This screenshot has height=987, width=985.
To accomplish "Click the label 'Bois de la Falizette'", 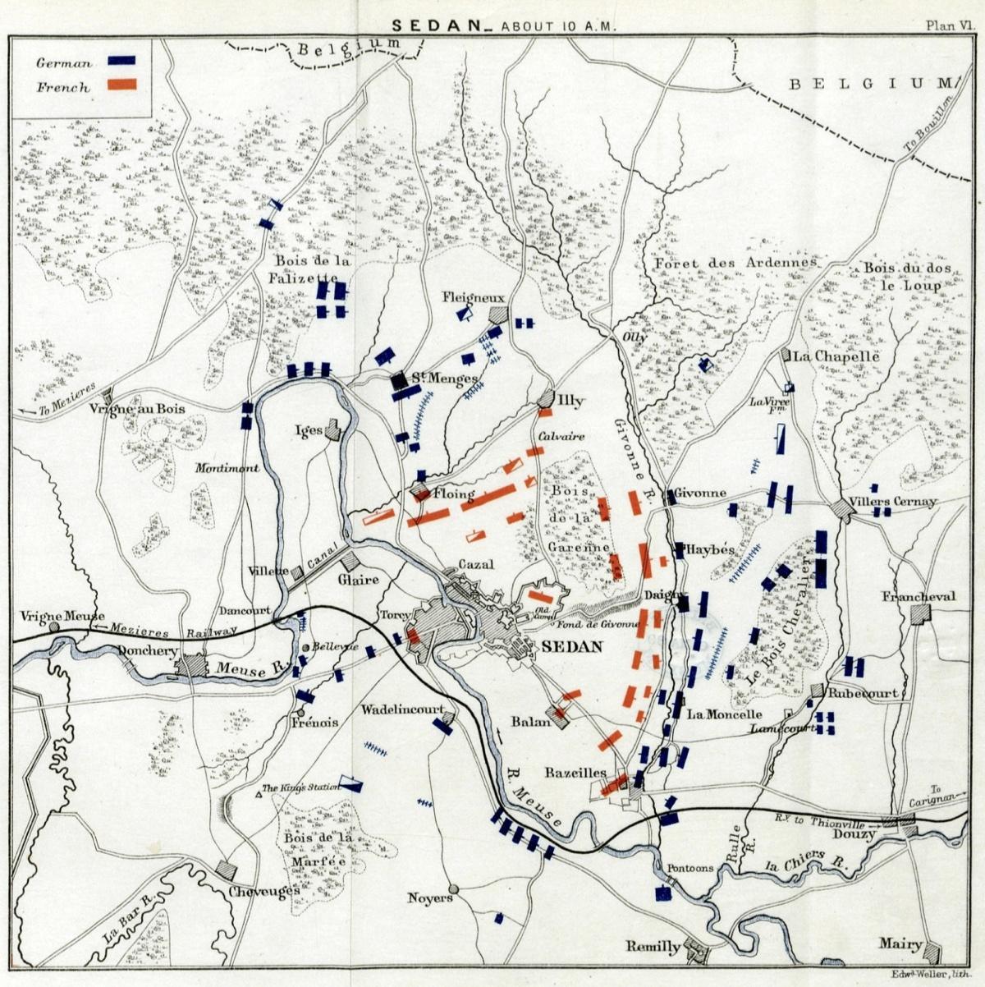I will coord(309,269).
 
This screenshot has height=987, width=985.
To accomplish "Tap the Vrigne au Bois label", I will coord(137,408).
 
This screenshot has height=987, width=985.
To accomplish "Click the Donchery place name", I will coord(148,650).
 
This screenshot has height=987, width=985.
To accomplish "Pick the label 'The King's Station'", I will coord(300,788).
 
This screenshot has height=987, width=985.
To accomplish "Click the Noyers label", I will coord(430,897).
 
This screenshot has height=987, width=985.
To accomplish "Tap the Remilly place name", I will coord(653,946).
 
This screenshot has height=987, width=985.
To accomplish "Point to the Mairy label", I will coord(900,944).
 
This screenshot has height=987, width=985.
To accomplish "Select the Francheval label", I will coord(919,597).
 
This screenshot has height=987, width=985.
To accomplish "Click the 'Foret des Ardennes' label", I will coord(735,263).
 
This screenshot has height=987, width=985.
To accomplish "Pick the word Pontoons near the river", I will coord(685,868).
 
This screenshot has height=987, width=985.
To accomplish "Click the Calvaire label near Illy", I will coord(562,437).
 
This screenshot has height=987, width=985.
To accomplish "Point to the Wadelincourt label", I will coord(403,709).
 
